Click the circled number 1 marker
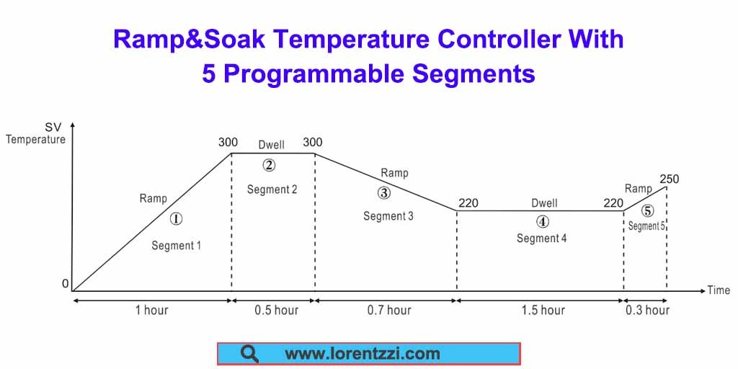pos(177,219)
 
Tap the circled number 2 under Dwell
pos(269,165)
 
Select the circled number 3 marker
pos(383,192)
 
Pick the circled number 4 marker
pos(542,221)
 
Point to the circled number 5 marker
pos(647,211)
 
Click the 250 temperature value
pos(669,179)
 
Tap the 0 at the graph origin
pos(65,285)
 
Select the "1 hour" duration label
pos(151,311)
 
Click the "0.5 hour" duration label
pos(276,311)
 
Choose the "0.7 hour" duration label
pos(388,311)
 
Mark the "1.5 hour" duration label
pos(543,311)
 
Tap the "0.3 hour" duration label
pos(647,311)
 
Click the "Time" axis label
pos(718,290)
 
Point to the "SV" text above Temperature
pos(53,127)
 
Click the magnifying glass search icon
pos(249,354)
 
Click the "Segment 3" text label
pos(388,216)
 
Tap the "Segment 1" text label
pos(176,246)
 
